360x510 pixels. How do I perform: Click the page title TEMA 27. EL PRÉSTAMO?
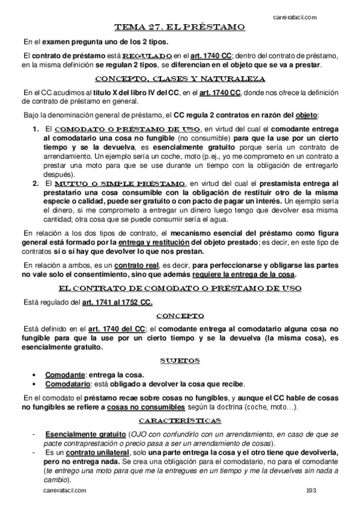coord(180,27)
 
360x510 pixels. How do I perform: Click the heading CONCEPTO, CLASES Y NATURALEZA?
coord(180,79)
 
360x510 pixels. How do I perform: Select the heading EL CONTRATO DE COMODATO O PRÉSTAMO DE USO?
coord(180,288)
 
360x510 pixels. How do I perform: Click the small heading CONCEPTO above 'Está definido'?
coord(180,315)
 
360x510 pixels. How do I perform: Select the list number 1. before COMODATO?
coord(35,129)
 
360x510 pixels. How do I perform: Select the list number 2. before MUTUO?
coord(35,183)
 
